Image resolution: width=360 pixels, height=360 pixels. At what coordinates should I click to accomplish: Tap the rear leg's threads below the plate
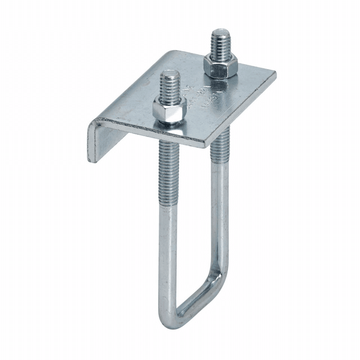[220, 148]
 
